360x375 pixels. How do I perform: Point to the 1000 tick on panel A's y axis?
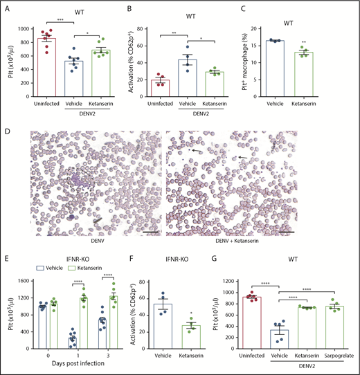pyautogui.click(x=32, y=28)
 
